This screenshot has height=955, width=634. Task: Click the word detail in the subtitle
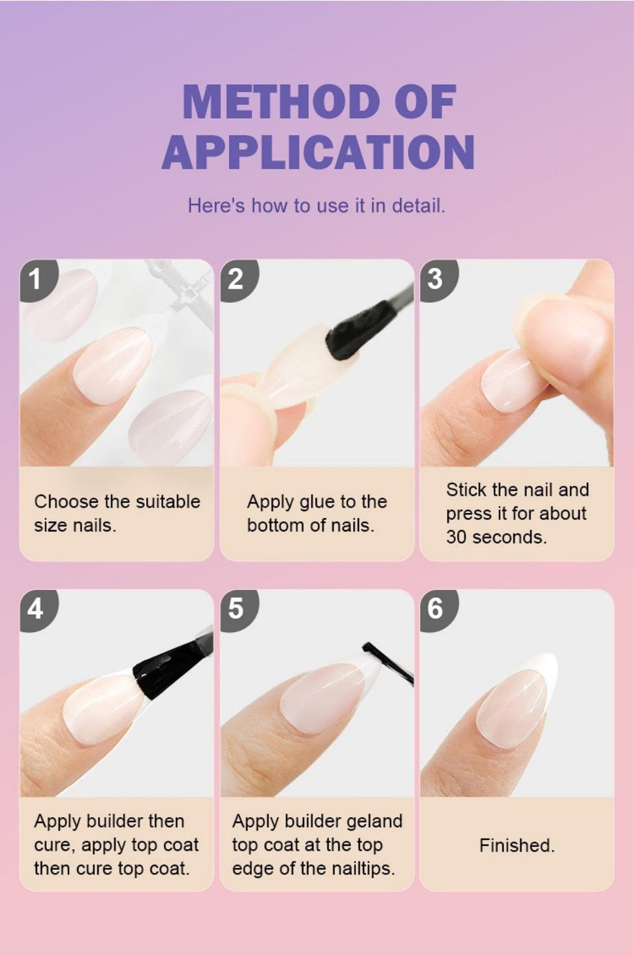point(419,205)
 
